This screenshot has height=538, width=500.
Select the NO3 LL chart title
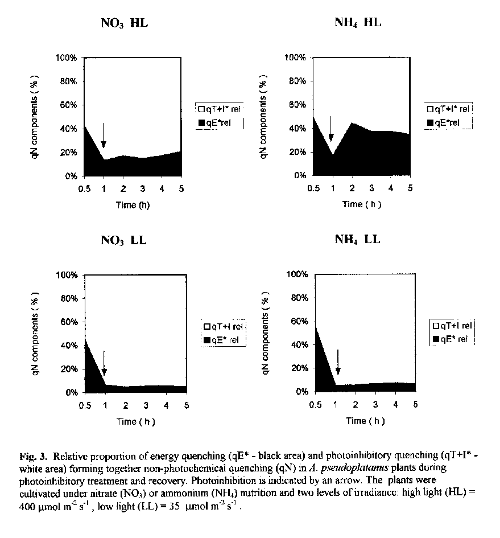click(123, 240)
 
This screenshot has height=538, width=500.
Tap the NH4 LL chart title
click(357, 239)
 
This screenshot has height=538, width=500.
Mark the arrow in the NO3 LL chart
click(104, 364)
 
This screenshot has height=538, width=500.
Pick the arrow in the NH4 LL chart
click(338, 362)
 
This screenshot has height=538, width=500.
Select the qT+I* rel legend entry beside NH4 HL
click(448, 109)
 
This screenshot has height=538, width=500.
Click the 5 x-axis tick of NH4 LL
click(415, 404)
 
